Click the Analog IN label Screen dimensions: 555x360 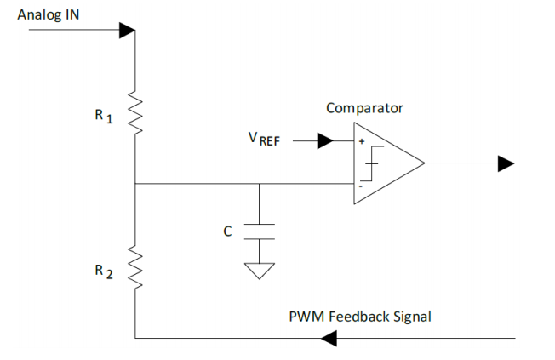coord(49,15)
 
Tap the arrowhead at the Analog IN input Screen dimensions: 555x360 coord(128,31)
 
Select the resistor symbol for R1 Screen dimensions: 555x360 coord(134,112)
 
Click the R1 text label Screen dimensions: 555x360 coord(104,116)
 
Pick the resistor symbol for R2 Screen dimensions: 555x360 coord(134,267)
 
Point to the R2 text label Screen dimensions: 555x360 coord(104,271)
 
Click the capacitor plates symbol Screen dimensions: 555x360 coord(259,231)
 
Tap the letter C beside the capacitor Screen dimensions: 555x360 coord(227,231)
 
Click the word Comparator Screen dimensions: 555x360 coord(364,108)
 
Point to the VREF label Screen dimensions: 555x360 coord(264,139)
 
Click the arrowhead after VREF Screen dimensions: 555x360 coord(325,141)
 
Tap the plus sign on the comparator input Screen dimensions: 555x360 coord(362,141)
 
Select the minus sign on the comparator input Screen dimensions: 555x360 coord(361,186)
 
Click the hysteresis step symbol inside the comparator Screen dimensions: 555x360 coord(372,163)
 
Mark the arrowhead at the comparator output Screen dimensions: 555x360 coord(506,163)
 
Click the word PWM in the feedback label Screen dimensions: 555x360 coord(306,317)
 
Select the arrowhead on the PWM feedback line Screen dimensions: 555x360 coord(329,339)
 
